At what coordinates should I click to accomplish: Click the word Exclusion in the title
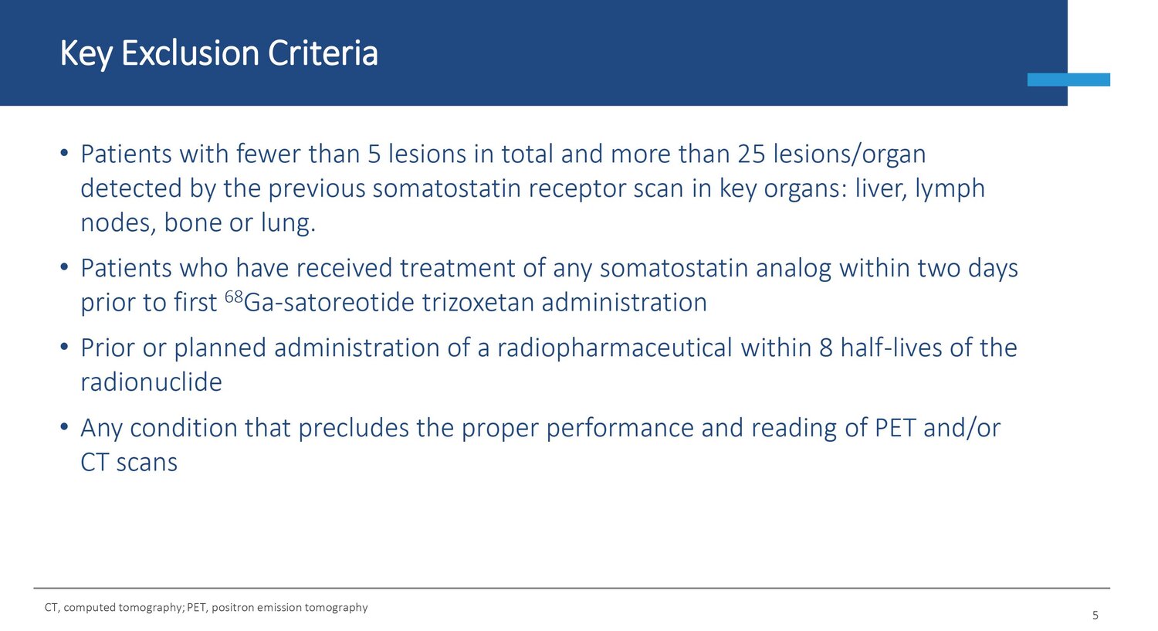pos(190,53)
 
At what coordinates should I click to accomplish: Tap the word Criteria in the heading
pos(323,53)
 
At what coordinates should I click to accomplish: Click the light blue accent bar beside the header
pos(1068,80)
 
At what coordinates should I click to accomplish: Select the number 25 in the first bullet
pos(751,154)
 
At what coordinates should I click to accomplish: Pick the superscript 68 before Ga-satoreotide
pos(234,297)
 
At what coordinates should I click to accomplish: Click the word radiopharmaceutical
pos(615,348)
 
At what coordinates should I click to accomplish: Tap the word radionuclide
pos(151,382)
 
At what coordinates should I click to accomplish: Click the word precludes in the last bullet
pos(353,428)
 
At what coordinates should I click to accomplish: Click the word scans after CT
pos(147,463)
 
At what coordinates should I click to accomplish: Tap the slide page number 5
pos(1095,615)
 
